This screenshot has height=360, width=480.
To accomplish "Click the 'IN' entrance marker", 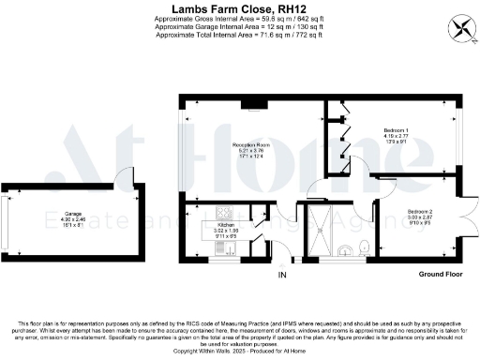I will coord(281,275).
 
